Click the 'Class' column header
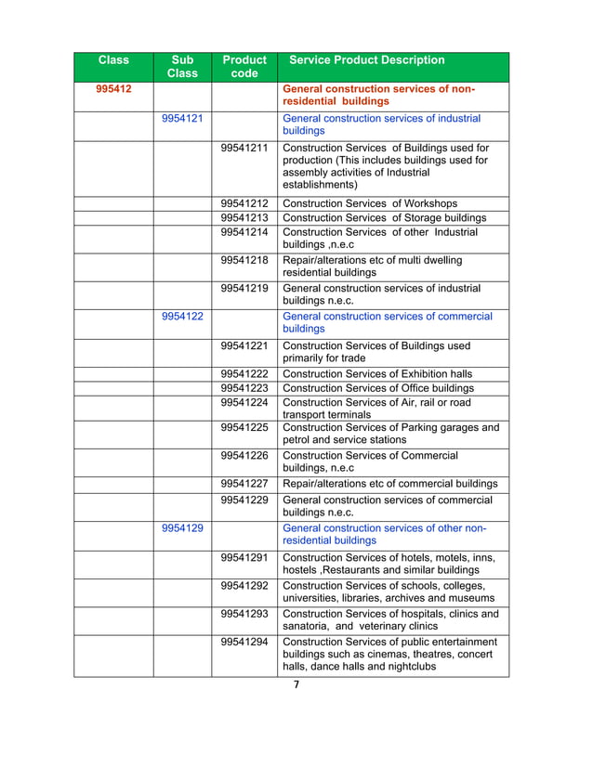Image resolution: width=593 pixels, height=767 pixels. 113,60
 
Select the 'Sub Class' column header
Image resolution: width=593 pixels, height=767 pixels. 182,67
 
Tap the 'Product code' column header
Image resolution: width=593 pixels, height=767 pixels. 244,67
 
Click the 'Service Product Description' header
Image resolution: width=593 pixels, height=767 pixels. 367,60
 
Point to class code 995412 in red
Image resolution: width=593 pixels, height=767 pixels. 113,89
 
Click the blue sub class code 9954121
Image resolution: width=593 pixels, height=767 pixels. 183,119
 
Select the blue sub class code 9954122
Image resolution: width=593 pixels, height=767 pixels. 183,317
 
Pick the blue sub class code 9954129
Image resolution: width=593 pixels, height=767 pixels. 183,527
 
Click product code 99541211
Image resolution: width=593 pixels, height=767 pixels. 244,149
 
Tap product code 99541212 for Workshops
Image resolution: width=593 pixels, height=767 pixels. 244,203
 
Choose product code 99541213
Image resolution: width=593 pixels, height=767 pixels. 244,218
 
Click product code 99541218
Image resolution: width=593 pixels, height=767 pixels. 244,261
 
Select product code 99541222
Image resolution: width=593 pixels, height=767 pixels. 244,374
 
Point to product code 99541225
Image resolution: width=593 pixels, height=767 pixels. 244,428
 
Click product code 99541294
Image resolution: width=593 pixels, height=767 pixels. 244,643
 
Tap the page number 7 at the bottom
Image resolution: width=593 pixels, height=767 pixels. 296,685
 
